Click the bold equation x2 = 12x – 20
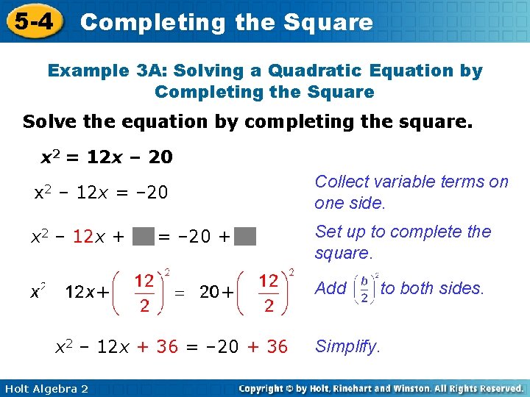(x=106, y=157)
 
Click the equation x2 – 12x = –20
(x=102, y=193)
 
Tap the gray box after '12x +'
(x=144, y=237)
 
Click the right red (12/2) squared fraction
(x=269, y=292)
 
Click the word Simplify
(x=347, y=346)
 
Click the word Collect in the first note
(x=340, y=182)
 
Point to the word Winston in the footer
(x=423, y=388)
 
